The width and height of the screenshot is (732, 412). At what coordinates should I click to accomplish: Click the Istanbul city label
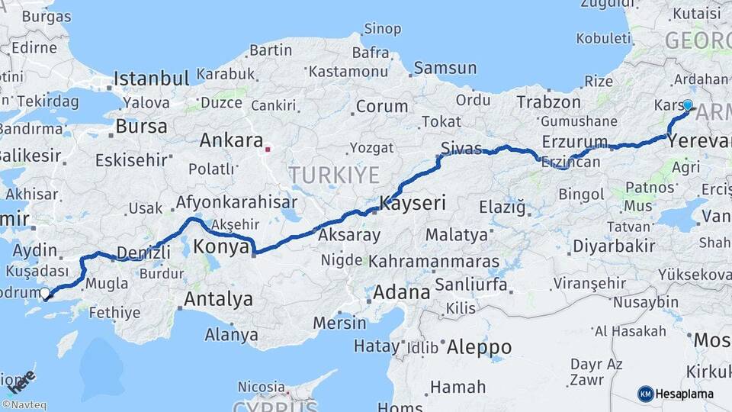click(151, 79)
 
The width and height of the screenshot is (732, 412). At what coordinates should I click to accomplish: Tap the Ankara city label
click(231, 141)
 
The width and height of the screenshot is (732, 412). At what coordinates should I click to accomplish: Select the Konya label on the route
click(222, 247)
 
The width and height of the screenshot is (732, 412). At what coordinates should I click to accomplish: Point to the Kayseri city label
click(413, 204)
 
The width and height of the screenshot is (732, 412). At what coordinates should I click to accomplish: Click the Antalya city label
click(219, 299)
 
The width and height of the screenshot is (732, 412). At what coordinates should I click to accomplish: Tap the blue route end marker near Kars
click(688, 105)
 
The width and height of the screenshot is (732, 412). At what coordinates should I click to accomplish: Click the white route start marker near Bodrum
click(45, 292)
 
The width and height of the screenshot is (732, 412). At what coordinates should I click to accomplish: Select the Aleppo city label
click(479, 347)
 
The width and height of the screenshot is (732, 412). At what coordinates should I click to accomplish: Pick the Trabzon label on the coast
click(544, 101)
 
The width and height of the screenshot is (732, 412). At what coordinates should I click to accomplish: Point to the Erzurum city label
click(575, 142)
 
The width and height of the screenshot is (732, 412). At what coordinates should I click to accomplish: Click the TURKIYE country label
click(334, 175)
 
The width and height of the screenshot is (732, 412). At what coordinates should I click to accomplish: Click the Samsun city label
click(445, 68)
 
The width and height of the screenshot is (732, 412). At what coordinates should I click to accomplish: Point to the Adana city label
click(402, 292)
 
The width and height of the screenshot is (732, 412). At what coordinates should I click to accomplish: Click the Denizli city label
click(144, 253)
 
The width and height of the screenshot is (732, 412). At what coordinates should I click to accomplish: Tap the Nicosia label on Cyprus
click(262, 387)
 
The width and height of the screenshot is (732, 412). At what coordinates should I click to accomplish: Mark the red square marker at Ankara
click(268, 149)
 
